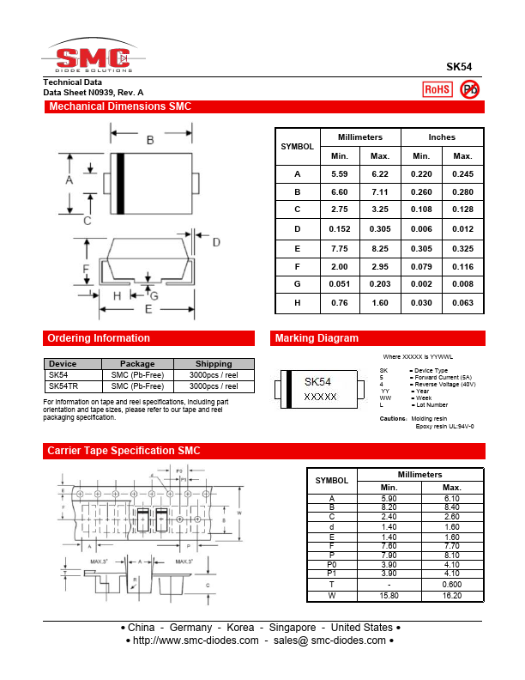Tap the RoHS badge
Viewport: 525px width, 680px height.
pyautogui.click(x=437, y=89)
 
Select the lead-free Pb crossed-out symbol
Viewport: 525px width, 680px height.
pyautogui.click(x=470, y=89)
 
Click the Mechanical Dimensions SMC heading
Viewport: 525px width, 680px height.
pyautogui.click(x=120, y=107)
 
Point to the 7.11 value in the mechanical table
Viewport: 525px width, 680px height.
pyautogui.click(x=379, y=192)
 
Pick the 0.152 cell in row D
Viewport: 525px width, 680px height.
pyautogui.click(x=339, y=229)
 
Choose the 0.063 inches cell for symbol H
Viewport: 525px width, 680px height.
pyautogui.click(x=462, y=302)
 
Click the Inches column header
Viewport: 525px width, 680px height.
pyautogui.click(x=442, y=137)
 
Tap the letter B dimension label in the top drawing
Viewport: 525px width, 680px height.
pyautogui.click(x=150, y=140)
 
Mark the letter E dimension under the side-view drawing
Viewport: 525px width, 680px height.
pyautogui.click(x=148, y=309)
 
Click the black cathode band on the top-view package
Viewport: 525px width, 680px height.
pyautogui.click(x=121, y=183)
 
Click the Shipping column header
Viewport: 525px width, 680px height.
pyautogui.click(x=214, y=364)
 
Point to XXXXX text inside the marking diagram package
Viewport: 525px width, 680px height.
pyautogui.click(x=321, y=398)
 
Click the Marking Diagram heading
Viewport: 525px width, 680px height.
pyautogui.click(x=317, y=338)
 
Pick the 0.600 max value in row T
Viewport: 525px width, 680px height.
pyautogui.click(x=451, y=584)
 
